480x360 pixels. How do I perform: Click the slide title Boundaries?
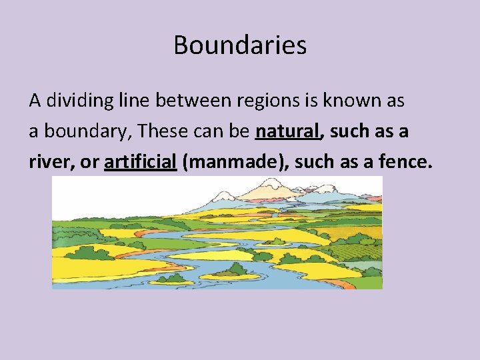click(x=240, y=45)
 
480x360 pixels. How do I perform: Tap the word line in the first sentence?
click(x=136, y=101)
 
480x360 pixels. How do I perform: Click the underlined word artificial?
click(x=140, y=162)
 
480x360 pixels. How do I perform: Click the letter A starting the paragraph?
click(x=35, y=101)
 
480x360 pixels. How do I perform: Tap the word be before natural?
click(x=240, y=131)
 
